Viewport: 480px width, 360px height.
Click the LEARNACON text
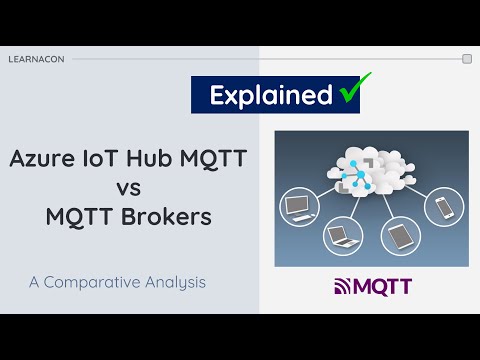pyautogui.click(x=36, y=59)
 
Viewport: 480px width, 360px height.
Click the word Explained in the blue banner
pyautogui.click(x=270, y=95)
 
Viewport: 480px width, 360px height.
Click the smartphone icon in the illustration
pyautogui.click(x=443, y=207)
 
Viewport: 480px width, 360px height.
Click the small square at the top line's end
pyautogui.click(x=467, y=59)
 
